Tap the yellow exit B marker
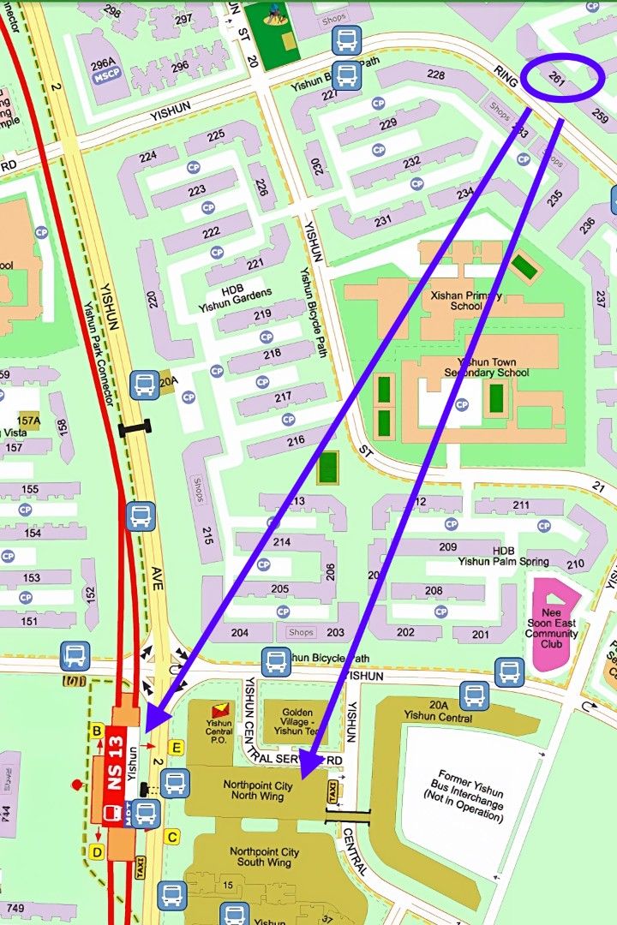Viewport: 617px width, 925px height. pos(97,731)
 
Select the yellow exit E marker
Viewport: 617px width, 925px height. pos(177,748)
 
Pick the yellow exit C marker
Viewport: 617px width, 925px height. pos(172,837)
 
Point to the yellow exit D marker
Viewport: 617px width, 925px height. pos(97,852)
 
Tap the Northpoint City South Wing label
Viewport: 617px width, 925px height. pos(264,857)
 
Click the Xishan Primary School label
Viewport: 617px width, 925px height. pos(466,301)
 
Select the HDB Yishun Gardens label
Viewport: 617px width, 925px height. pos(235,300)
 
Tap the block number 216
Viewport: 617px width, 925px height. pos(296,441)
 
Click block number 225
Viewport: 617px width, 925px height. pos(216,135)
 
